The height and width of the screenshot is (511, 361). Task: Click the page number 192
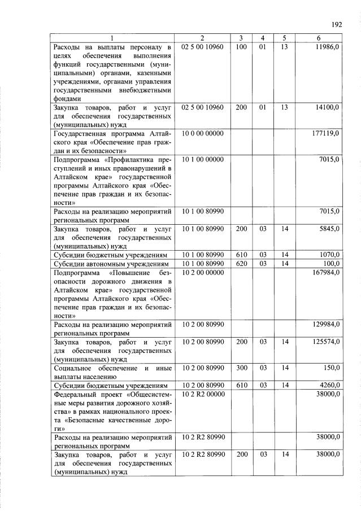[x=337, y=25]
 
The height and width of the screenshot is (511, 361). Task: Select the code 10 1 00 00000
[x=202, y=159]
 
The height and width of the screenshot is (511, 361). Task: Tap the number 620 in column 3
[x=241, y=263]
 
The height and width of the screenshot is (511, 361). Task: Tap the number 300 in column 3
[x=241, y=368]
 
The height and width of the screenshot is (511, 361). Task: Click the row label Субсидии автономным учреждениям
[x=111, y=264]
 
